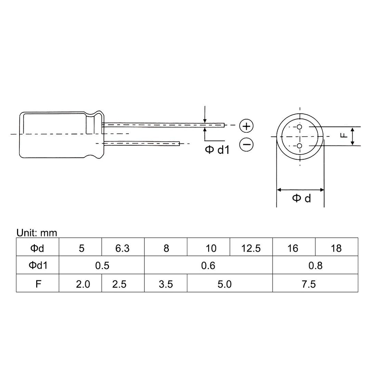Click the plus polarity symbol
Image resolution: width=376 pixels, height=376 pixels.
coord(246,126)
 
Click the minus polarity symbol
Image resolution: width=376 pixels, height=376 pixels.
coord(246,144)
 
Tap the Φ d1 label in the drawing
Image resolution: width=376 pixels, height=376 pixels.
coord(217,150)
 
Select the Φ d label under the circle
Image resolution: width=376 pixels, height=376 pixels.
coord(301,198)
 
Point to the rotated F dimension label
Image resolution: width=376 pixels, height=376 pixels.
coord(344,135)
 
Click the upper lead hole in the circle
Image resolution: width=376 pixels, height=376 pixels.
coord(299,127)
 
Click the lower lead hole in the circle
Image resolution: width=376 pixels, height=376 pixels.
coord(299,146)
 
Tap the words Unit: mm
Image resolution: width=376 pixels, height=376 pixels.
coord(37,233)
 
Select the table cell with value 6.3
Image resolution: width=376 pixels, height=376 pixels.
coord(123,247)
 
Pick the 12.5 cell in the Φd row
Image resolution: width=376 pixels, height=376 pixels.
coord(251,247)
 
